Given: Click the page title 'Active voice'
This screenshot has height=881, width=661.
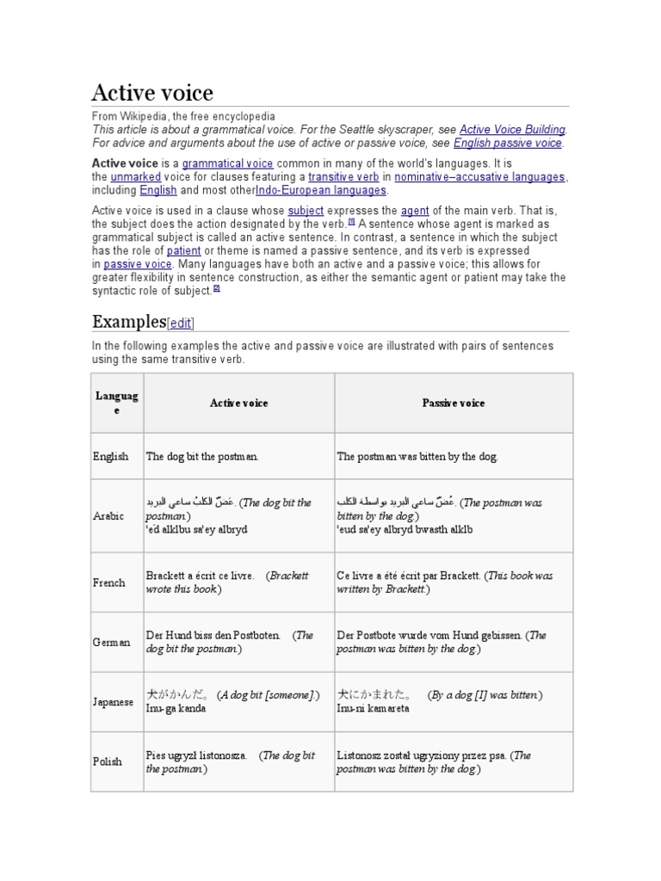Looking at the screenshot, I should [152, 92].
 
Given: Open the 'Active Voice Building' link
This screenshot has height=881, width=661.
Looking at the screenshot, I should [512, 129].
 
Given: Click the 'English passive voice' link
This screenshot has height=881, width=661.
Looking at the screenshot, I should [508, 143].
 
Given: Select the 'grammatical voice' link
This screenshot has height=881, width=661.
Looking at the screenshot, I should [227, 163].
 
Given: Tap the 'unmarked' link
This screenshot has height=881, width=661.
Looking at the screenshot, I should [130, 177].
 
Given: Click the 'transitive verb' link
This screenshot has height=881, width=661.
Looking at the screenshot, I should [343, 177].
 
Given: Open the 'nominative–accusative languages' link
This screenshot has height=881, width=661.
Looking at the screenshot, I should [479, 177].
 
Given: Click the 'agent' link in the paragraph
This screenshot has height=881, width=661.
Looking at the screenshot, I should [415, 210].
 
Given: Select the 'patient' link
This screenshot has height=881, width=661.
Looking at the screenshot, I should [183, 250].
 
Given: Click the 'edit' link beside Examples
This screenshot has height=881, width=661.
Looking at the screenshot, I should [181, 323].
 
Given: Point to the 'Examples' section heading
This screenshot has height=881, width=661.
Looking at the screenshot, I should [128, 322].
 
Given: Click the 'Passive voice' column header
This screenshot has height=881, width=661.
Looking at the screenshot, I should [453, 403].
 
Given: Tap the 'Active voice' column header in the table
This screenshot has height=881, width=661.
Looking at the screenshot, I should [238, 403].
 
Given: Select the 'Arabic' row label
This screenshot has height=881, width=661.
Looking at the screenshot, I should [108, 515].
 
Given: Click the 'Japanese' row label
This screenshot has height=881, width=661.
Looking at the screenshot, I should [113, 702].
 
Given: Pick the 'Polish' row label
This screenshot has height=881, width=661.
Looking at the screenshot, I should [108, 761].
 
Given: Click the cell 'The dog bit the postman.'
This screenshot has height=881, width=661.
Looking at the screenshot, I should [202, 457].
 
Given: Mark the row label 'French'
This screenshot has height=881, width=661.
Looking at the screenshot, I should [109, 582].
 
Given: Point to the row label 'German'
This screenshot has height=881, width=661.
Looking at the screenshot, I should [112, 642].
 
